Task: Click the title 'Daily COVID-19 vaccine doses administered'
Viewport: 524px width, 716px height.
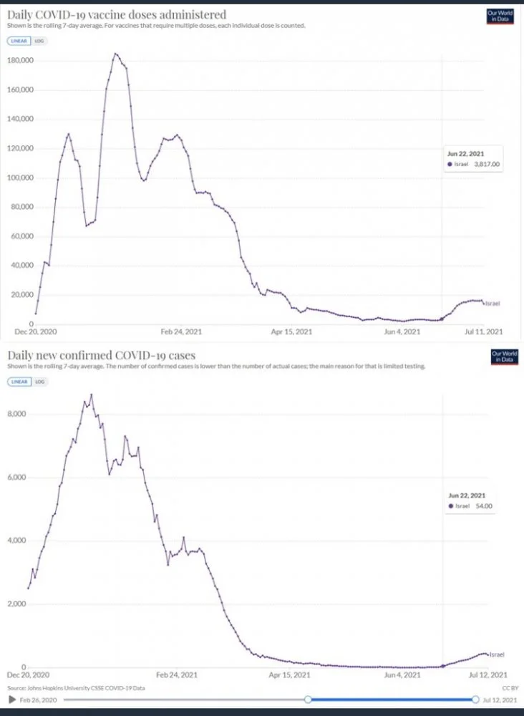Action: click(116, 14)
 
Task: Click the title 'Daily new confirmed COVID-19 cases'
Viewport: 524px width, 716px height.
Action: click(101, 355)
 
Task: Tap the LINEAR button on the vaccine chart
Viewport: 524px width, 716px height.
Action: click(18, 41)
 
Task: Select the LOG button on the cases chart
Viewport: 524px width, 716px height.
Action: click(39, 382)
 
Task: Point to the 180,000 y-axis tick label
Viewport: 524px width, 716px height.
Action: click(21, 61)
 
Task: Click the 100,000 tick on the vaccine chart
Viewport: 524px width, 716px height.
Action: click(21, 178)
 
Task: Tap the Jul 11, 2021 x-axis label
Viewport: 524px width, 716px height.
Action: click(485, 332)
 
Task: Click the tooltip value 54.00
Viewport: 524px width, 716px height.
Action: click(486, 506)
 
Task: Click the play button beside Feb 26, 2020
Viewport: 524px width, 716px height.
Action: click(11, 699)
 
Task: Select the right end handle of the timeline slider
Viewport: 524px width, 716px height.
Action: click(475, 699)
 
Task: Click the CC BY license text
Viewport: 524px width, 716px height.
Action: click(506, 687)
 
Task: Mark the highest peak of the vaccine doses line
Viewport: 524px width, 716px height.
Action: click(115, 54)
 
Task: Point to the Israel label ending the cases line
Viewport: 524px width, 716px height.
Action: click(498, 654)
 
